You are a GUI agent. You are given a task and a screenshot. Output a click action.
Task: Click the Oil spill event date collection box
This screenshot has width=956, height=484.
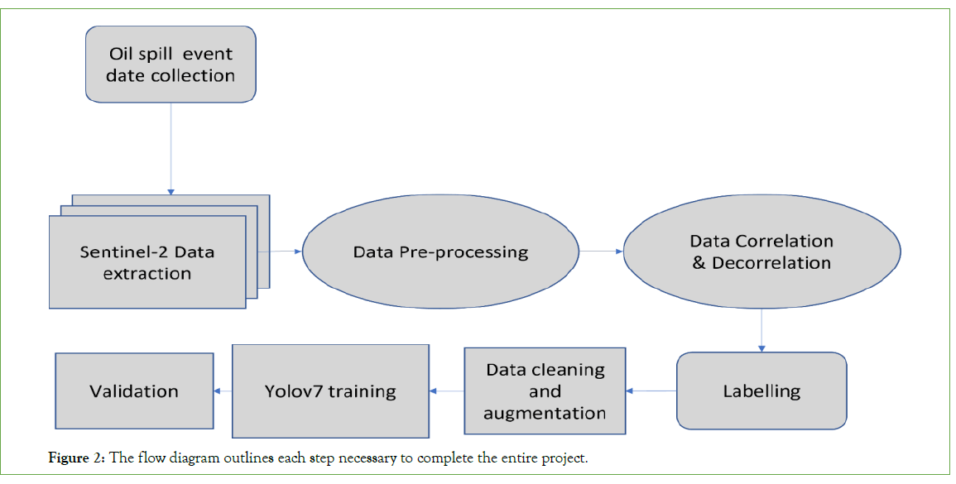pos(171,65)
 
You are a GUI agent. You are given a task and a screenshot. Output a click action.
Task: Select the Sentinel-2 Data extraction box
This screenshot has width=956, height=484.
pos(147,261)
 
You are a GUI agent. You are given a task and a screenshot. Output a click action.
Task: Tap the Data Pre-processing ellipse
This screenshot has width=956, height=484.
pos(440,252)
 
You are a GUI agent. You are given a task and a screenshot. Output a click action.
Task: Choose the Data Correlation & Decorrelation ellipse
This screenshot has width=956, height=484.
pos(761,252)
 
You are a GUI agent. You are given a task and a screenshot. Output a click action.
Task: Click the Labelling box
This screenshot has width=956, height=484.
pos(761,391)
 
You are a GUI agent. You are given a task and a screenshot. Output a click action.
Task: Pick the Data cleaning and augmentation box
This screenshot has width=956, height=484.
pos(545,391)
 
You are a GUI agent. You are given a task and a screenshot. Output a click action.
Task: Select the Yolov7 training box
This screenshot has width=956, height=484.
pos(330,391)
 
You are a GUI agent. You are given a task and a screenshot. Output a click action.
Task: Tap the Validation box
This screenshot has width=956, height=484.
pos(134,391)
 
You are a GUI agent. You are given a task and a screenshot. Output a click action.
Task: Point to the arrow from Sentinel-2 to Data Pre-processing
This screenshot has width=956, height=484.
pos(281,251)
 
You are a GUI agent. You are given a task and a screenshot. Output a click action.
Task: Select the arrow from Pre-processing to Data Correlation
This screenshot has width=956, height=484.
pos(601,251)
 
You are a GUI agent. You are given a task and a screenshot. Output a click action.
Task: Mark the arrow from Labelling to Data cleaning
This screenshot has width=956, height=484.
pos(651,391)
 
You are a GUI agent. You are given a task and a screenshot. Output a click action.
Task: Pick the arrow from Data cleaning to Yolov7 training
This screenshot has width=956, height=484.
pos(446,391)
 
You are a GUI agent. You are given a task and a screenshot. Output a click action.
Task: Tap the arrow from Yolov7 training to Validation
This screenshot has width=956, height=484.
pos(223,391)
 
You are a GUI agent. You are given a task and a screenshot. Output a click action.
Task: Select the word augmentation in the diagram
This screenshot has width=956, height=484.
pos(545,412)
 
